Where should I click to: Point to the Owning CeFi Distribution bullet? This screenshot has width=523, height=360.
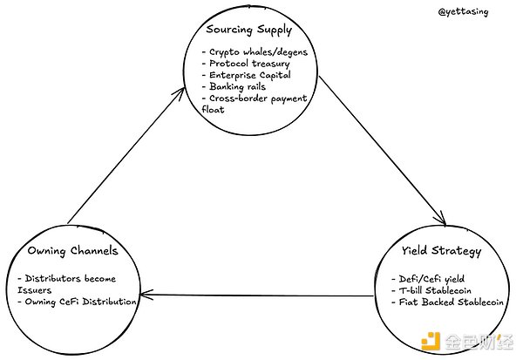[78, 301]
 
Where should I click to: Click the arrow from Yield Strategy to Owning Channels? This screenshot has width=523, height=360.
[261, 297]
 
